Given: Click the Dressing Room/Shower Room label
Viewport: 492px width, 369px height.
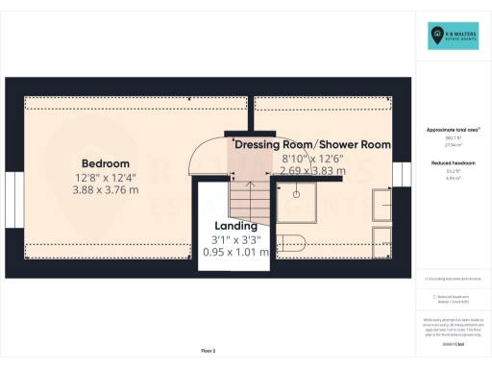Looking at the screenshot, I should click(313, 144).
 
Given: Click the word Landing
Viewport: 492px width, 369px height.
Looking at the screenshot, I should click(235, 226).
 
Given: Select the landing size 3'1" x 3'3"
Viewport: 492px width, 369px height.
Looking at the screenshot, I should click(235, 239).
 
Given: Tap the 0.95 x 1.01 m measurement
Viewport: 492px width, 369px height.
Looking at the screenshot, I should click(235, 253).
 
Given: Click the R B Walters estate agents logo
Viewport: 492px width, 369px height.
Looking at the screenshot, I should click(452, 37).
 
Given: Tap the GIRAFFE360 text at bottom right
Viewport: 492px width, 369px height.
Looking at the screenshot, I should click(451, 342).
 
